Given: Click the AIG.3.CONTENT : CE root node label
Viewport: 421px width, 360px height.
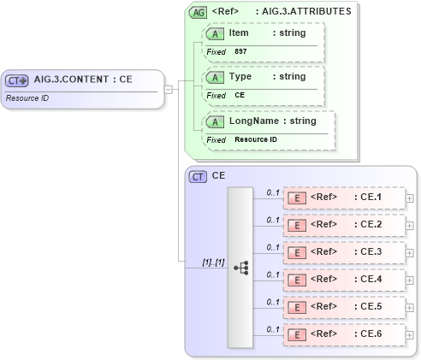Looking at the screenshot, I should click(x=82, y=80).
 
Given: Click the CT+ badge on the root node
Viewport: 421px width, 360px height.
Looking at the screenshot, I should click(x=17, y=80).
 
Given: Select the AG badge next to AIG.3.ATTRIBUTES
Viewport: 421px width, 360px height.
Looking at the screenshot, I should click(x=198, y=12).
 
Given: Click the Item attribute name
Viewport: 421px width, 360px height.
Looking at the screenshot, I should click(x=239, y=32).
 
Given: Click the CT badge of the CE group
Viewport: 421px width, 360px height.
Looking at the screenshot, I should click(x=198, y=177).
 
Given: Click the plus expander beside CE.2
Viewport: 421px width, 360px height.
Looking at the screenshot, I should click(x=409, y=226).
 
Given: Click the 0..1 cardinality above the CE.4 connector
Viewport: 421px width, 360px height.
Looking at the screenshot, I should click(x=273, y=274).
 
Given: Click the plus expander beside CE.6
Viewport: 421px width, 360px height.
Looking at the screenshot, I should click(x=409, y=335).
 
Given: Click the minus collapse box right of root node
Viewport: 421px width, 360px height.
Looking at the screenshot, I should click(x=169, y=89).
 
